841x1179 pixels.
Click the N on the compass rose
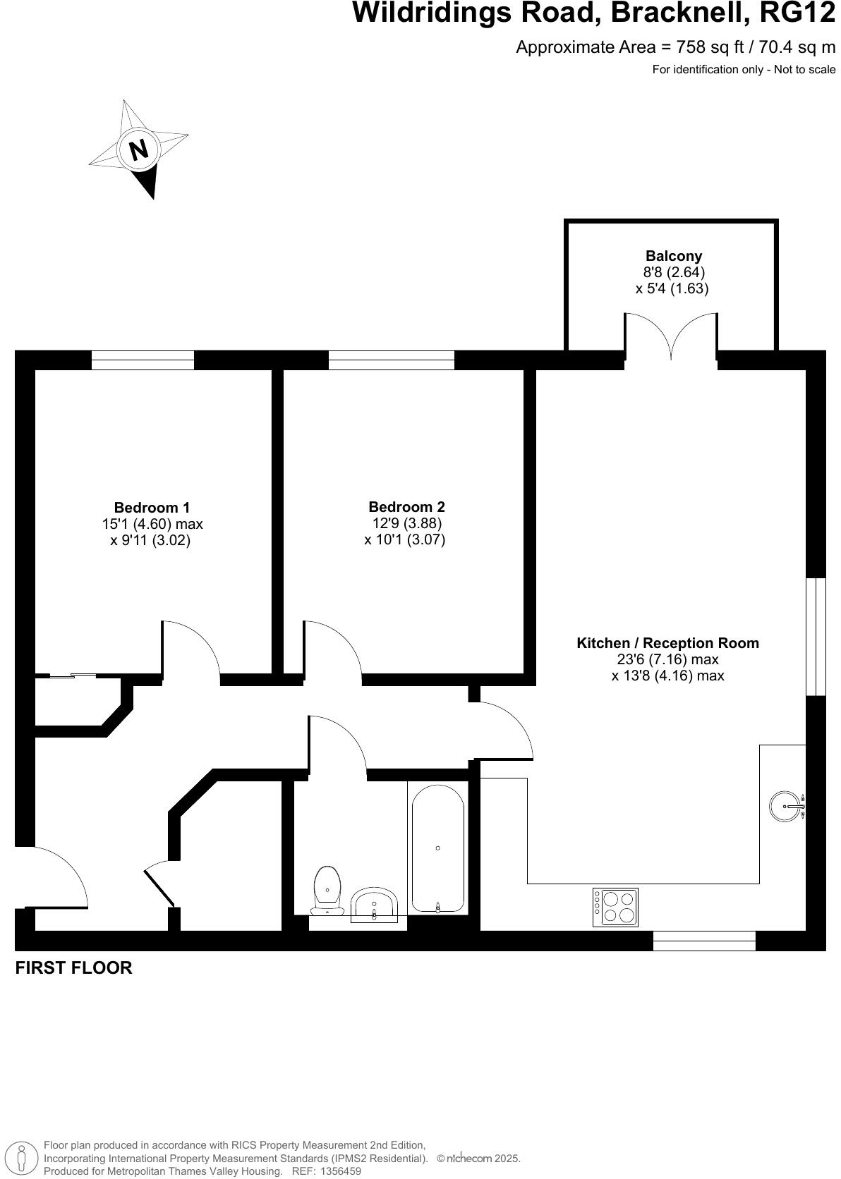138,149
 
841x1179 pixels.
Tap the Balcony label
674,256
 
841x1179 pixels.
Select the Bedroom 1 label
152,507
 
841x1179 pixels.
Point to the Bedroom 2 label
406,506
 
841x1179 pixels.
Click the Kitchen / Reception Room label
667,642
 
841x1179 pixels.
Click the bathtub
437,848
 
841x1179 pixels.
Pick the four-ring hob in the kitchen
615,907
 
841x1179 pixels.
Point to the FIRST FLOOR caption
73,967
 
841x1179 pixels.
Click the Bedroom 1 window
143,360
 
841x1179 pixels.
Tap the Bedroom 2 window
391,360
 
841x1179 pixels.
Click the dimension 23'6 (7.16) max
667,659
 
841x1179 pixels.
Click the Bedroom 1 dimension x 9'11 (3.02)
151,541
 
